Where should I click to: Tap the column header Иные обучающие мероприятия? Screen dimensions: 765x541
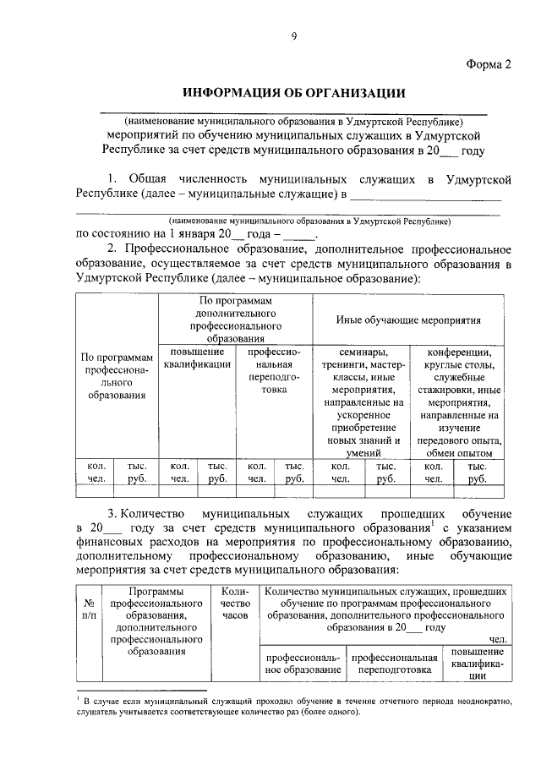[407, 321]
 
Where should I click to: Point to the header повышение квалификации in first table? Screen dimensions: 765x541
[197, 358]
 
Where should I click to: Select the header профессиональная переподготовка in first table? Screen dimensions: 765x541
[274, 370]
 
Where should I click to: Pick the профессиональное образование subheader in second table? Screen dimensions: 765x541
[303, 663]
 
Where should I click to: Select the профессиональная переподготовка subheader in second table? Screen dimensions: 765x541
[394, 663]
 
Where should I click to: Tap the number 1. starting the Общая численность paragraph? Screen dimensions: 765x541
[113, 180]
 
